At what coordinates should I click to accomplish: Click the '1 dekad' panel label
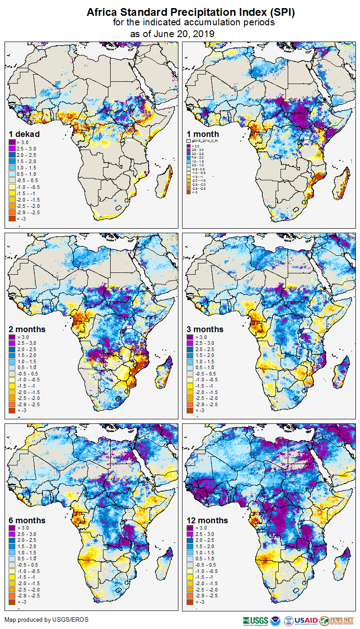click(x=24, y=134)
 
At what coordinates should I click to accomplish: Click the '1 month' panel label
click(x=203, y=134)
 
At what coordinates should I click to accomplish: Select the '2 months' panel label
click(x=27, y=329)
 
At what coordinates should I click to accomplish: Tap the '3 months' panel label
click(x=205, y=329)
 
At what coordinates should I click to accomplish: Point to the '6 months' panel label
click(x=27, y=520)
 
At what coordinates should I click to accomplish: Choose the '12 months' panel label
click(x=207, y=520)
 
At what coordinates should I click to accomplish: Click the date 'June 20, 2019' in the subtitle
click(x=184, y=33)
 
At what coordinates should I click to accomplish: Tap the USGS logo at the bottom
click(x=255, y=620)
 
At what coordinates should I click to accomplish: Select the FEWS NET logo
click(x=336, y=620)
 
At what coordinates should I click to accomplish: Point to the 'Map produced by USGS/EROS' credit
click(x=47, y=620)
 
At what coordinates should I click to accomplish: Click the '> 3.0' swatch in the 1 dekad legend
click(x=12, y=142)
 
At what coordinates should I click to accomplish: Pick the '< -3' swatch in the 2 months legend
click(x=12, y=410)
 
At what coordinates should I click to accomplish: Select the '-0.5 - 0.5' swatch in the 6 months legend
click(x=12, y=565)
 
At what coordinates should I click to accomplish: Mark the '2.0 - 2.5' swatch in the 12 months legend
click(x=191, y=540)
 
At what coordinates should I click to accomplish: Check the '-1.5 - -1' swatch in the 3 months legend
click(x=191, y=386)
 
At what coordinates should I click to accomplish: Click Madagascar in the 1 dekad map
click(x=166, y=178)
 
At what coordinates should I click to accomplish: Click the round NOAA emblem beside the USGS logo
click(x=276, y=620)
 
